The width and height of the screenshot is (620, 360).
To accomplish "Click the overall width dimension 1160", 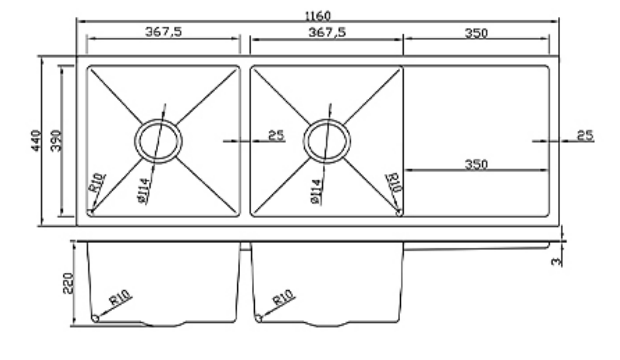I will click(317, 16).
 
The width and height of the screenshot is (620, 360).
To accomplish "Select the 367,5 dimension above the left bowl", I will click(164, 32).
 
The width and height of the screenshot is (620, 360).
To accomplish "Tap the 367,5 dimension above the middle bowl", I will click(327, 32).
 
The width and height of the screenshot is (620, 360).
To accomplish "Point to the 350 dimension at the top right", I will click(476, 33).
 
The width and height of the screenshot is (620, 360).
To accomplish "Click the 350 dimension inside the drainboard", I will click(476, 164).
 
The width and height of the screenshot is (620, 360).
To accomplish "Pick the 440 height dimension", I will click(36, 140).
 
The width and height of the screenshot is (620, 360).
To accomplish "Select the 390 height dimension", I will click(56, 140).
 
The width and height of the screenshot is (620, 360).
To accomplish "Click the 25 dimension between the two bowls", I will click(276, 135).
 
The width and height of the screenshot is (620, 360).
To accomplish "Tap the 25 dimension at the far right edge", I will click(585, 135).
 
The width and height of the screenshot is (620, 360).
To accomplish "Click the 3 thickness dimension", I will click(556, 262).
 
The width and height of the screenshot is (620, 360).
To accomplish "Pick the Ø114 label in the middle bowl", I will click(316, 191).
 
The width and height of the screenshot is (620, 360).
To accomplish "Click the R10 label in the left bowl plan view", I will click(97, 183).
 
